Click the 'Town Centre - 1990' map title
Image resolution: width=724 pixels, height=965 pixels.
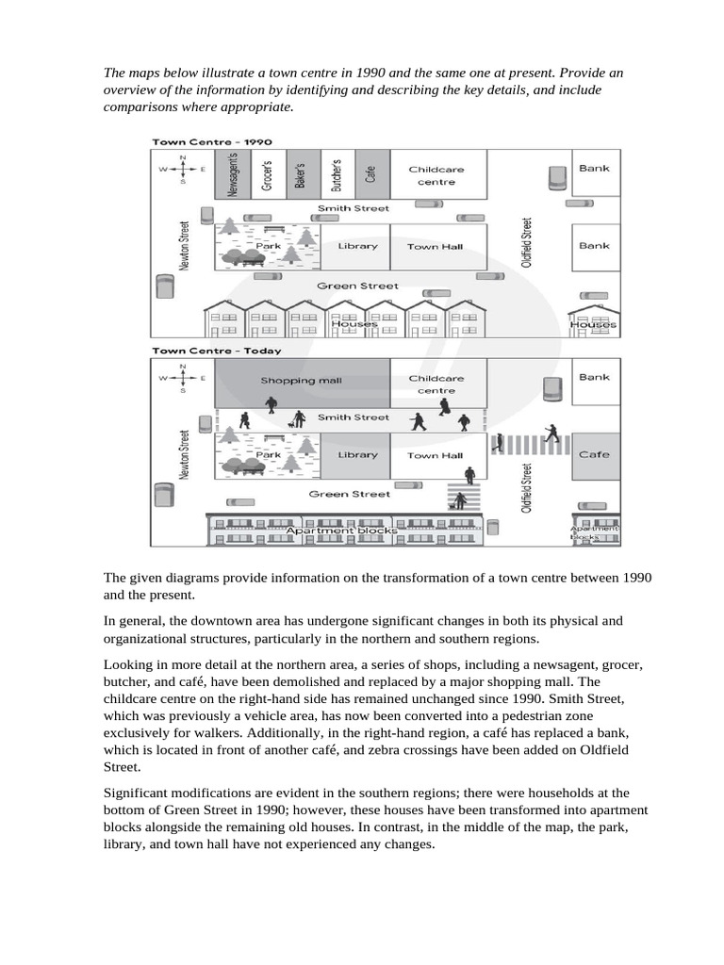click(x=199, y=141)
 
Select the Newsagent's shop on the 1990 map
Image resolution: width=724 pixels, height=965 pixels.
click(x=233, y=174)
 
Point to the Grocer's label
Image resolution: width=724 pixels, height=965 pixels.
click(x=266, y=174)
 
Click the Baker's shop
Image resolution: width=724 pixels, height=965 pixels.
click(x=301, y=174)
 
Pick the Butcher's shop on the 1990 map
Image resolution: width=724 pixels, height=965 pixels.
click(x=337, y=174)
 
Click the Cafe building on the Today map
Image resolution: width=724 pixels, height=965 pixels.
click(x=594, y=454)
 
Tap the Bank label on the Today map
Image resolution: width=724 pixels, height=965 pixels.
click(x=594, y=377)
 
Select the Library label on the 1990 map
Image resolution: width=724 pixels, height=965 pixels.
click(x=357, y=246)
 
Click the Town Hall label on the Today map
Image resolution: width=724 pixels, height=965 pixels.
click(x=435, y=455)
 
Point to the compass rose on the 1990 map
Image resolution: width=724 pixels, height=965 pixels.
click(x=183, y=169)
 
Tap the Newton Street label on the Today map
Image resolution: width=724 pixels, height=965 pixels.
click(x=185, y=455)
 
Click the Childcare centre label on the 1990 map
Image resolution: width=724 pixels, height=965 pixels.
click(x=436, y=175)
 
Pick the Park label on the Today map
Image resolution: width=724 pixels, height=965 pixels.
click(x=269, y=455)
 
